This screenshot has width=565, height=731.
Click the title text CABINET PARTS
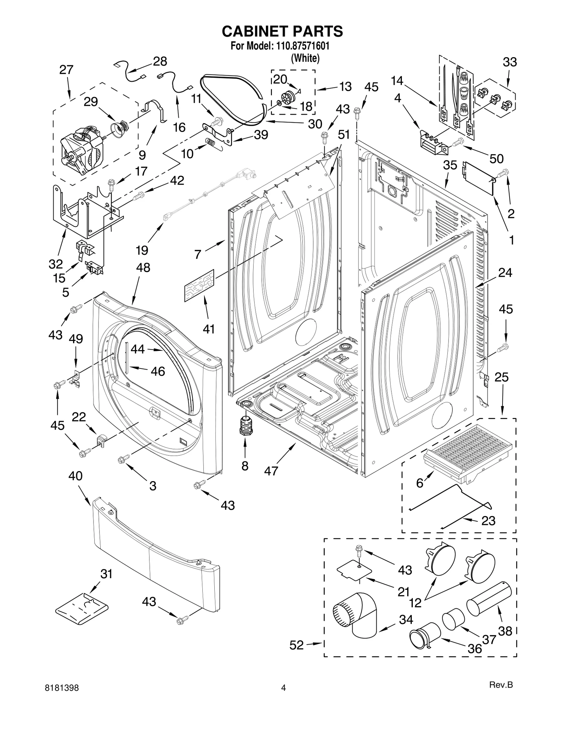point(282,31)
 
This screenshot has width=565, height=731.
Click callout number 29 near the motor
point(91,102)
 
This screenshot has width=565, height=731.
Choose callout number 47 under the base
point(271,471)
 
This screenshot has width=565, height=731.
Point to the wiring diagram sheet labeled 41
point(199,285)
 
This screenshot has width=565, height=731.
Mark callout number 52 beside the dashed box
point(296,645)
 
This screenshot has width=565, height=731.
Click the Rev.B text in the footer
point(500,695)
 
